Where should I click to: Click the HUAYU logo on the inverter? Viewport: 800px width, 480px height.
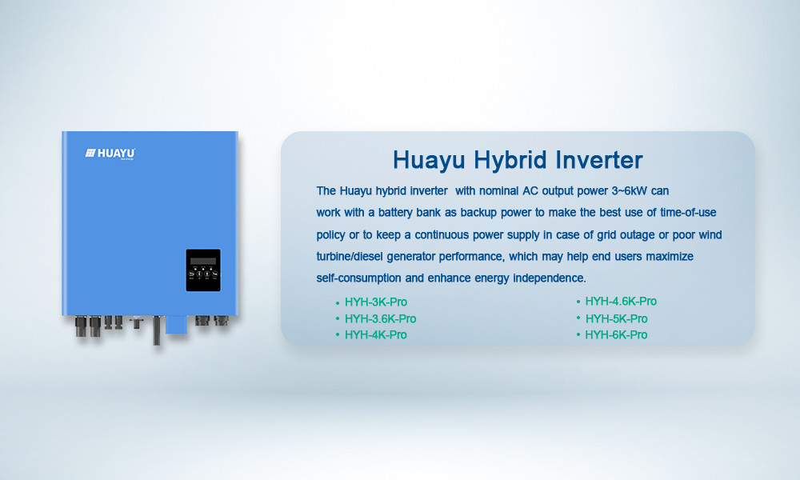110,154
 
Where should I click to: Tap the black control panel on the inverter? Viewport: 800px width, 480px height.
203,270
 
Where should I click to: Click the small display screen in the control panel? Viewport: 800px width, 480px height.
203,261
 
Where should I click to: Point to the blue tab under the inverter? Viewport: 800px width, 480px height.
177,325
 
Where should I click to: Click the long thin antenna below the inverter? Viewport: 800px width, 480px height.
157,330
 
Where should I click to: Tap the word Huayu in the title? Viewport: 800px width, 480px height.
429,161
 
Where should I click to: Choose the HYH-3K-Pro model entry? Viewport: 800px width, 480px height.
376,302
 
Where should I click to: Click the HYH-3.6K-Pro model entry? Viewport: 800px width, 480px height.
381,319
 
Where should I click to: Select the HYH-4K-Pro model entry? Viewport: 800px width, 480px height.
375,335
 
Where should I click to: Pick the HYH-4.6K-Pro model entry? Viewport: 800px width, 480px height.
621,302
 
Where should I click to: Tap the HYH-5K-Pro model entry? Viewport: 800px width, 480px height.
616,319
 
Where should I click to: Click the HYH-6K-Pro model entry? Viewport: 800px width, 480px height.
616,335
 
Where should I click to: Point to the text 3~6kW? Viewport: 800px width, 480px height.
629,190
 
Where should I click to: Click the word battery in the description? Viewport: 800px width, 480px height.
395,213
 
